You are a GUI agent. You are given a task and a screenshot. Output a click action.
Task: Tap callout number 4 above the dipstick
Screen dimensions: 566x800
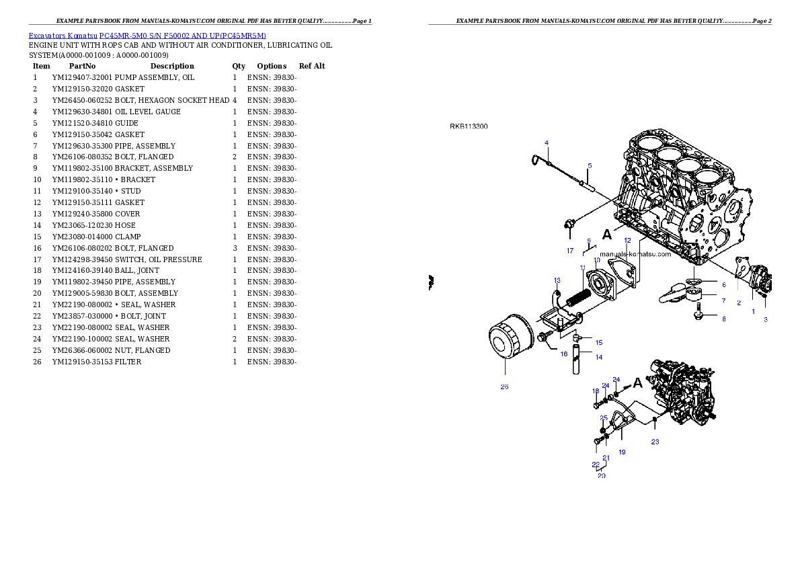pos(547,143)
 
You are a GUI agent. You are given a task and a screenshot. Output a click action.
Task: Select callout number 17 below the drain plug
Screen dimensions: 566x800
pos(570,251)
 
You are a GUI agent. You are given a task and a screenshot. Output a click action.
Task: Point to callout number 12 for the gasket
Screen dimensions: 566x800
pos(627,240)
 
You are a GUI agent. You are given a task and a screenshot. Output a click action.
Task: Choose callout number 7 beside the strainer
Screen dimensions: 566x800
pos(724,300)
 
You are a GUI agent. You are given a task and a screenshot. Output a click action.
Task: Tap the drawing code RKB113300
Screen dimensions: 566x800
pos(469,126)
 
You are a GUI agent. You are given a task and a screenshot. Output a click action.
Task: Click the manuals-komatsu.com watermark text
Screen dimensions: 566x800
pos(635,254)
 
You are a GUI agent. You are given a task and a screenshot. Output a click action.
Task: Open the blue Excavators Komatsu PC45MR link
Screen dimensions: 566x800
pos(147,35)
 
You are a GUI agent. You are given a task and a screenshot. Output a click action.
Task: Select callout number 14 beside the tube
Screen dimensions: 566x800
pos(598,357)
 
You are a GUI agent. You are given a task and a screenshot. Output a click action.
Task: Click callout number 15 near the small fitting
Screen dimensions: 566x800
pos(598,342)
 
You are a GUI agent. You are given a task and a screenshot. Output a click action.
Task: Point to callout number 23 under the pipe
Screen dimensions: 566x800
pos(655,442)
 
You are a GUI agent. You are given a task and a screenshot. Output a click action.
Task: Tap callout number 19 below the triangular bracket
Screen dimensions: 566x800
pos(622,452)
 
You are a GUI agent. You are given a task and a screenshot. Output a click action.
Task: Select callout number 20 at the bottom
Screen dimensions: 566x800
pos(602,475)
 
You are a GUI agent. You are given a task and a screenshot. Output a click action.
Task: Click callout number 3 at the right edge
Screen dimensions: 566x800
pos(765,320)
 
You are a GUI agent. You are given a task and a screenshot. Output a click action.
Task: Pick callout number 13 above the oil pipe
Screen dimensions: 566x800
pos(557,280)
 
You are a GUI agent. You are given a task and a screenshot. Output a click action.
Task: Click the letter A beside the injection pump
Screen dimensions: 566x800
pos(637,384)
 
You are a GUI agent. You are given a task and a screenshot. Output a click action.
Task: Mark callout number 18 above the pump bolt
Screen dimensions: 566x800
pos(596,391)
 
